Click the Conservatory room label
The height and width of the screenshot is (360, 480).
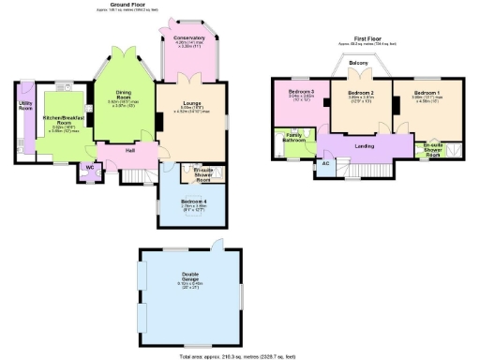click(190, 38)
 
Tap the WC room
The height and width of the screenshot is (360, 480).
click(90, 167)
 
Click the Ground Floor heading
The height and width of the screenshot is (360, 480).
click(127, 6)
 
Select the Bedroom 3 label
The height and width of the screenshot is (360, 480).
click(300, 91)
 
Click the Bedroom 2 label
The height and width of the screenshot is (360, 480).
click(361, 93)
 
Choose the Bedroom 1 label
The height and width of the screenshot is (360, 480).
click(427, 93)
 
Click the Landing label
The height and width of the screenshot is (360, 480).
click(365, 145)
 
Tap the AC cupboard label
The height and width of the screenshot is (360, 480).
click(326, 162)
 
